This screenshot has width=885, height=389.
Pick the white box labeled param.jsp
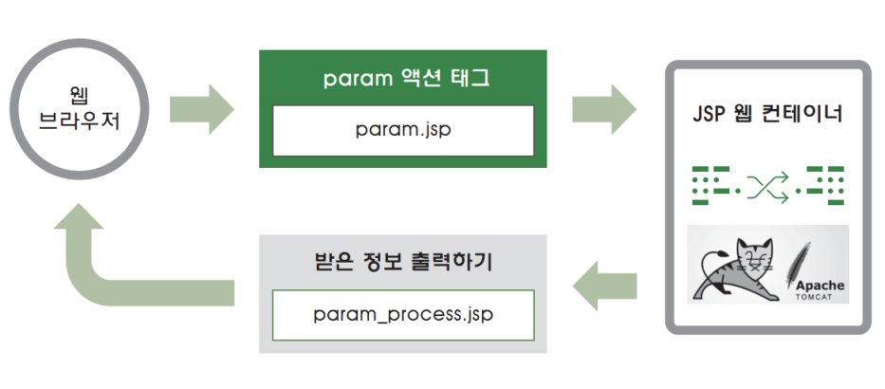[x=403, y=130]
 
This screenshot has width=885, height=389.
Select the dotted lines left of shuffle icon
[x=716, y=184]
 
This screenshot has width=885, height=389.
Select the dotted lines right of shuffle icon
[x=821, y=184]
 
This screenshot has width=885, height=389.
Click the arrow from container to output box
[x=603, y=284]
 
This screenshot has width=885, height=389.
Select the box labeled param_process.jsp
[x=403, y=314]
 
